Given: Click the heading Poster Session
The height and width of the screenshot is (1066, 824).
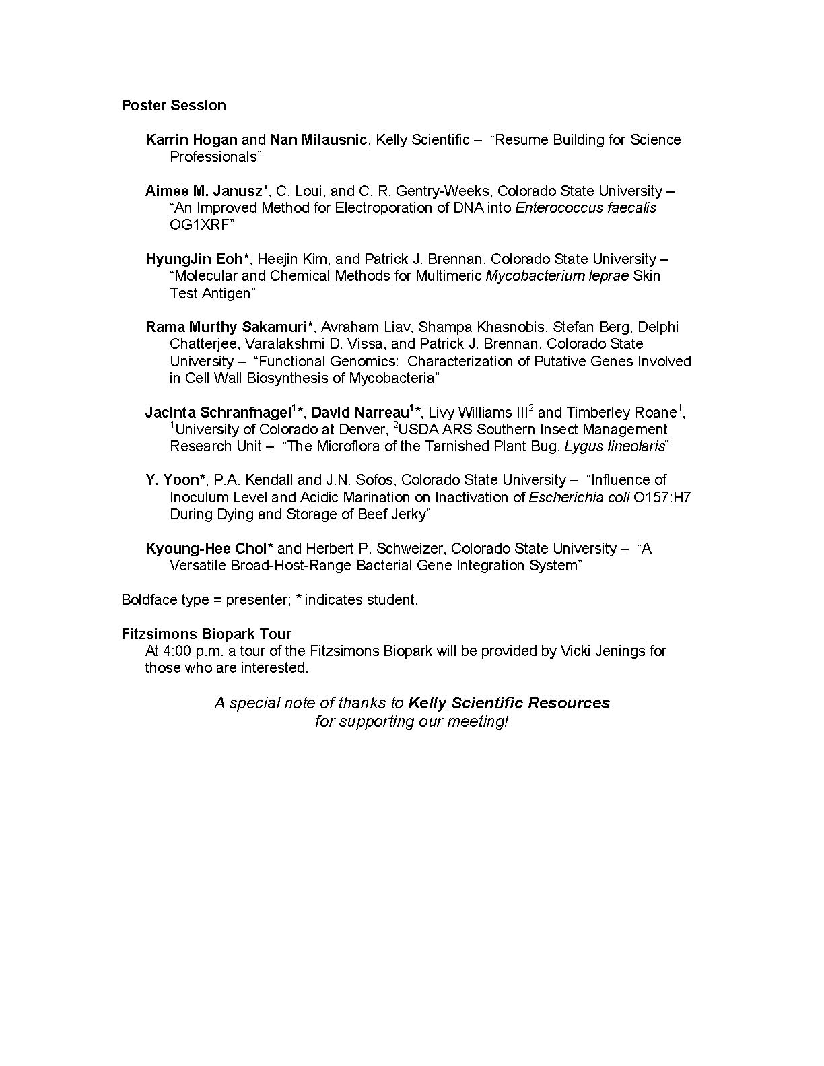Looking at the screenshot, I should coord(174,106).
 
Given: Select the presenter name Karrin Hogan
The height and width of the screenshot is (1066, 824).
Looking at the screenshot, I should coord(191,140).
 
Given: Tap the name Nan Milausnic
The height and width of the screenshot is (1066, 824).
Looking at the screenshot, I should coord(318,140).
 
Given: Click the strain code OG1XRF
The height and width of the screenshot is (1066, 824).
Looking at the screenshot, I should coord(199,225).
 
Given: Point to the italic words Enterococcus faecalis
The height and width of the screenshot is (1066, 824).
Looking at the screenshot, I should coord(586,208).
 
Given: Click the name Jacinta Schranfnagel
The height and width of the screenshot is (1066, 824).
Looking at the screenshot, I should coord(217,413).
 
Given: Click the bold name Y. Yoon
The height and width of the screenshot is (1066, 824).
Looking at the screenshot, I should coord(172,480).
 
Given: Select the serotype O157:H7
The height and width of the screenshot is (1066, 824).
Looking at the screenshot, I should coord(662,498).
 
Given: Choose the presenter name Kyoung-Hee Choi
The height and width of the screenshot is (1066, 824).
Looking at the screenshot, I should coord(206,549).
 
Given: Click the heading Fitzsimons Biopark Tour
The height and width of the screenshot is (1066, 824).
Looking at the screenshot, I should coord(206,634).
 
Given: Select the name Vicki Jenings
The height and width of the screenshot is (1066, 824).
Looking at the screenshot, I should coord(607,651).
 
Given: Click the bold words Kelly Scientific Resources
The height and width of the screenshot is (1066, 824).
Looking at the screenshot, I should coord(509,703).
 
